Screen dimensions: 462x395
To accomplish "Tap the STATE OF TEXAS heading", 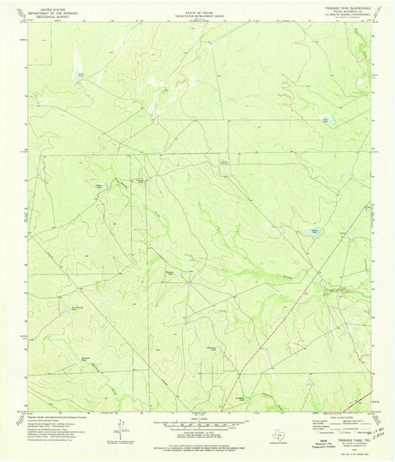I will (196, 7).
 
